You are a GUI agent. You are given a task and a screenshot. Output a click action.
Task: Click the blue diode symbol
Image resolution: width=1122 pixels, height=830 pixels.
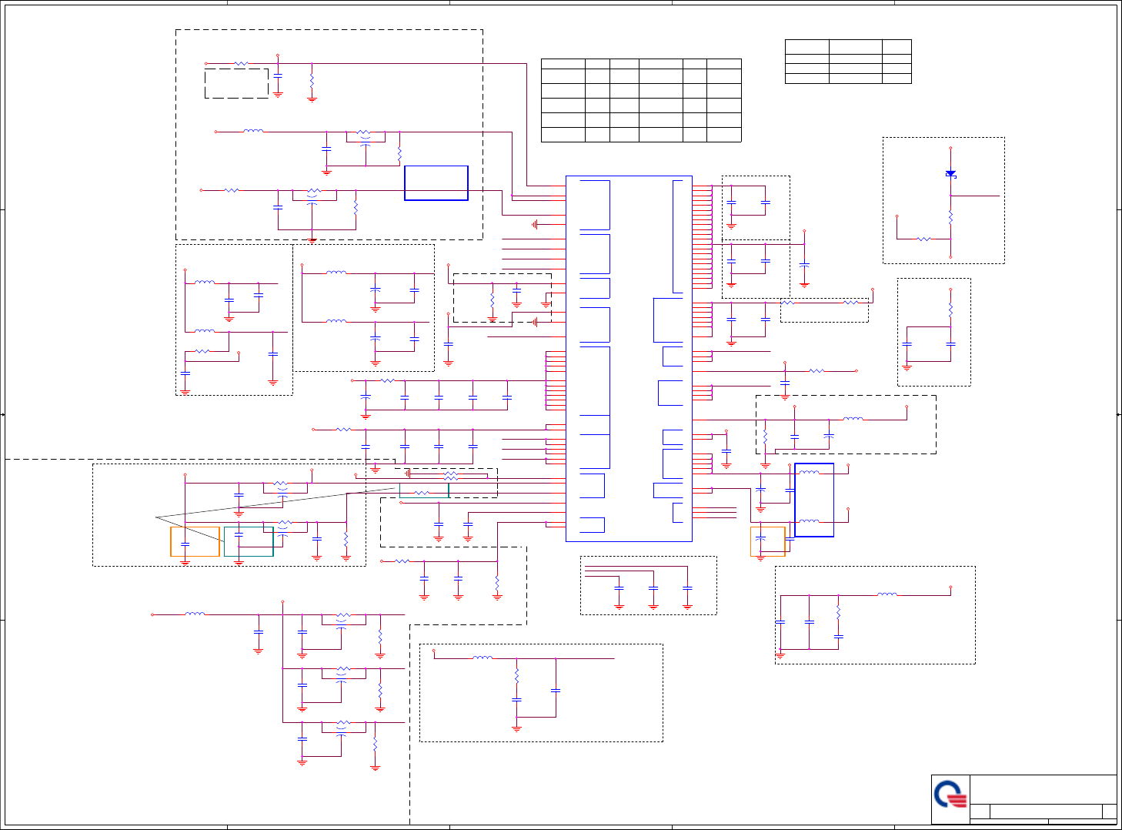950,174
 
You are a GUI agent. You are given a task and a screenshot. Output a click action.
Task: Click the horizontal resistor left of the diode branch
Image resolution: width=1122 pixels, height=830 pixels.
923,239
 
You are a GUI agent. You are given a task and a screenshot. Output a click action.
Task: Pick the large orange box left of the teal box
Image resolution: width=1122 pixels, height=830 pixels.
195,541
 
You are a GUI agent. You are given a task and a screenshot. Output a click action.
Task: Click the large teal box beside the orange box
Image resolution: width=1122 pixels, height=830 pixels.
249,541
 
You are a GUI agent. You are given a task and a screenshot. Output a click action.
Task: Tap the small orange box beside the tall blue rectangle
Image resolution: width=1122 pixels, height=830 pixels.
767,541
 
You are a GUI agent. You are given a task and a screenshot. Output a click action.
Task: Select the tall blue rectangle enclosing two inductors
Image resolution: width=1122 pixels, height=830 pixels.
814,500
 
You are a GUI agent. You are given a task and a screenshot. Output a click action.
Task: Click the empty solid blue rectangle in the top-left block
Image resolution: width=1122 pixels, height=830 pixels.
436,183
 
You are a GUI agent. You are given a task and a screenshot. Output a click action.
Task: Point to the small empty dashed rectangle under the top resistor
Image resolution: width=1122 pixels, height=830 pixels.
236,83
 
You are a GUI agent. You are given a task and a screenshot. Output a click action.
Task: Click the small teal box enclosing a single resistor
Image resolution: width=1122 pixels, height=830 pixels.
423,491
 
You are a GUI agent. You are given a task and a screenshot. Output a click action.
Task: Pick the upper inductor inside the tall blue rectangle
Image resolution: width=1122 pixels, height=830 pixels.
809,472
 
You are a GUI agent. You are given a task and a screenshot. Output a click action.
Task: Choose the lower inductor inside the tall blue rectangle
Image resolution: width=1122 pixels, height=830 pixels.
809,521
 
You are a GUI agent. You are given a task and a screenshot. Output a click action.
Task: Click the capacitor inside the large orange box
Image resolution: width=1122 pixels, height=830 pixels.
185,545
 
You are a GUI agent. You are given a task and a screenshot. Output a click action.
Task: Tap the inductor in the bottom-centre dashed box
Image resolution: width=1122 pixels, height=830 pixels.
483,658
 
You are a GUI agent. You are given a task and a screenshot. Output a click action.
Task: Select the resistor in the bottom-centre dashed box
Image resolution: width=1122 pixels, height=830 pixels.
516,675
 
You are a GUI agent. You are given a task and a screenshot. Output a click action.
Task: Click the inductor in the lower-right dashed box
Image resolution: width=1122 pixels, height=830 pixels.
887,594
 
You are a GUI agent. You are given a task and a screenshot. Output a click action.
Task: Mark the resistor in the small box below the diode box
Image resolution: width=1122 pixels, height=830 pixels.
950,310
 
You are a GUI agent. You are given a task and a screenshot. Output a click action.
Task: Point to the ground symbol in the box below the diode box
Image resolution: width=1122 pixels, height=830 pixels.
907,367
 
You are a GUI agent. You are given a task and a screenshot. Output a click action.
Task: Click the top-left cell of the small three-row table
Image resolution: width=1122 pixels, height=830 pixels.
806,47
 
